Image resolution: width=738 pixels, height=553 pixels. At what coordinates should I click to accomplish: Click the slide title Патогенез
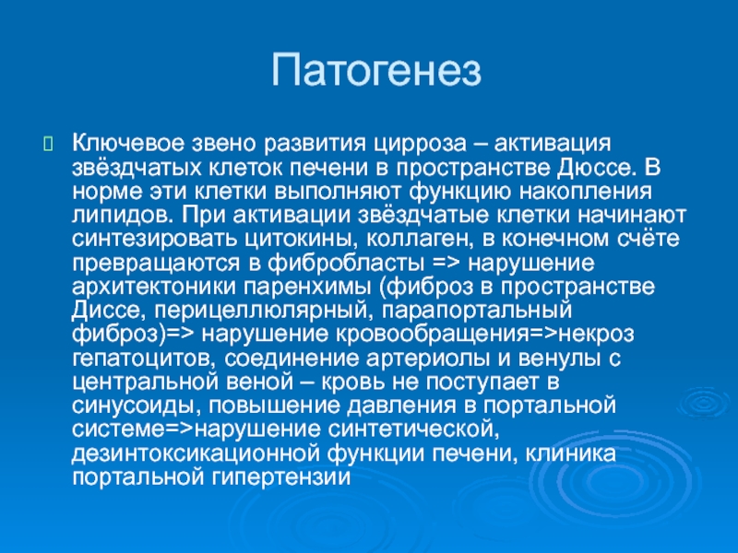click(x=375, y=71)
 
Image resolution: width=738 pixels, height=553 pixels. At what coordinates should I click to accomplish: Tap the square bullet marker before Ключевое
click(x=49, y=144)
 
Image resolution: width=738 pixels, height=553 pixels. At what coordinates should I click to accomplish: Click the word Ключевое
click(x=128, y=143)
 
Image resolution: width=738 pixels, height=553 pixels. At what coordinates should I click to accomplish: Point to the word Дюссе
click(x=594, y=168)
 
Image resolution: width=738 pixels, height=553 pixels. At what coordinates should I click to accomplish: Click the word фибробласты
click(x=346, y=263)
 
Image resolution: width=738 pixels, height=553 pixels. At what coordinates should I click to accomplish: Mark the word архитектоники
click(x=153, y=287)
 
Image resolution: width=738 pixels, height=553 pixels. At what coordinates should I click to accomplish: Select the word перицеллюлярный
click(x=261, y=311)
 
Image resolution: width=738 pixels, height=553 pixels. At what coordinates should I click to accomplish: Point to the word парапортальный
click(x=477, y=311)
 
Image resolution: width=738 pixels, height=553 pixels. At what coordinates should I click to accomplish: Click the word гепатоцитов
click(x=144, y=359)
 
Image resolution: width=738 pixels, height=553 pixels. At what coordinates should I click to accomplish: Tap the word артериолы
click(x=427, y=359)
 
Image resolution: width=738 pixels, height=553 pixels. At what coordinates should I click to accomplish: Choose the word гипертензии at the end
click(x=282, y=477)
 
